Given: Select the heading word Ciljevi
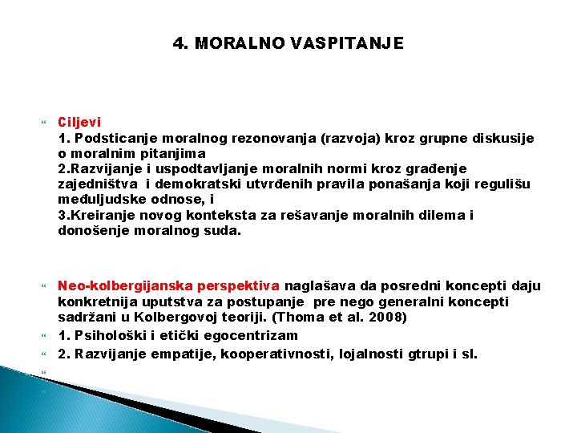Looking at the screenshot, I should tap(79, 123).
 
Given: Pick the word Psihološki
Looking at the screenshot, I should tap(106, 335).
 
